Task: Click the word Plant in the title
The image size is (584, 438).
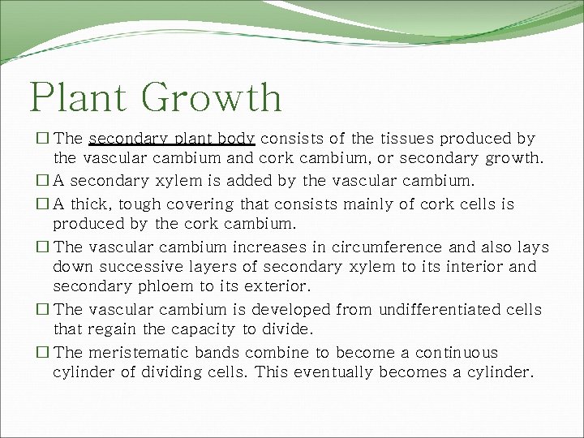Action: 78,98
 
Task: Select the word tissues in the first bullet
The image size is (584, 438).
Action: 403,139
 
